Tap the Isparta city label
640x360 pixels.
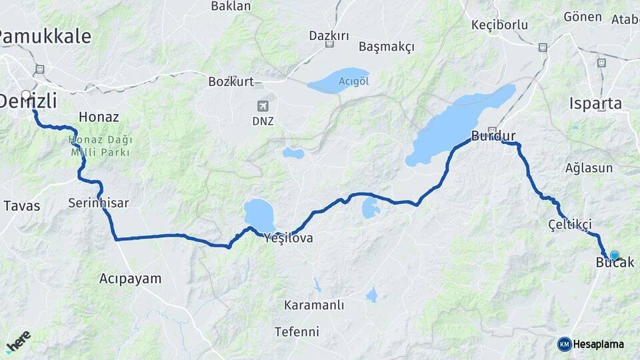(595, 103)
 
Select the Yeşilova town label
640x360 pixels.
(289, 238)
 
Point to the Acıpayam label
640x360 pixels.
(130, 278)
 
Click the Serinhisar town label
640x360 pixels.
(98, 203)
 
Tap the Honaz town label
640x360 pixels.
(99, 117)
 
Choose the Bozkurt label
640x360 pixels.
(231, 82)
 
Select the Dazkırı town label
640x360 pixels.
(329, 35)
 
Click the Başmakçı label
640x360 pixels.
(387, 47)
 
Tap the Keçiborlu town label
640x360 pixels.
(499, 25)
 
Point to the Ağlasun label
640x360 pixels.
(589, 168)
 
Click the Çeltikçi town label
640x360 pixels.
(570, 224)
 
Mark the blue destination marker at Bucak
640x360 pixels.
(614, 255)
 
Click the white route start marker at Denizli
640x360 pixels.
(26, 95)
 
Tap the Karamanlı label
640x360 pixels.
(314, 305)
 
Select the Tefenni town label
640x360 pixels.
(297, 331)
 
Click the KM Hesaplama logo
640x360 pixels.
(591, 344)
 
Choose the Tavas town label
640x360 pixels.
(22, 206)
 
